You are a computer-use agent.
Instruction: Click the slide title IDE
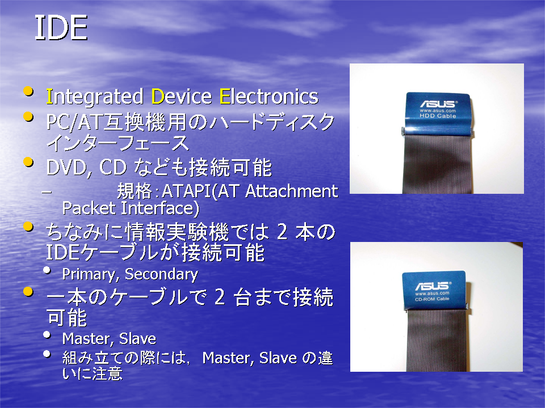tap(61, 28)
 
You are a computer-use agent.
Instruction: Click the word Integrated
tap(95, 97)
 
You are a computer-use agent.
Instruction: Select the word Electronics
tap(269, 96)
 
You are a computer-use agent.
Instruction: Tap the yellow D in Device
tap(158, 96)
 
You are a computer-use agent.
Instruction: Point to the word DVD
tap(66, 168)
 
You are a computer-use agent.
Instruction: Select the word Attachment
tap(291, 191)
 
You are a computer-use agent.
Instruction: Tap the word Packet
tap(89, 208)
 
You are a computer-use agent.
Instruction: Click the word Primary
tap(89, 274)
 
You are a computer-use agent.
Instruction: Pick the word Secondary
tap(161, 274)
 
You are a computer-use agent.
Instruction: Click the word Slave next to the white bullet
tap(137, 339)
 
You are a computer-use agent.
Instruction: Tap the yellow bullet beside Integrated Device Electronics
tap(28, 92)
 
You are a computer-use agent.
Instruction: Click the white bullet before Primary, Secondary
tap(47, 270)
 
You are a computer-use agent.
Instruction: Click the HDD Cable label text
tap(438, 116)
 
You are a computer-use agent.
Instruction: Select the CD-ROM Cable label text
tap(432, 299)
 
